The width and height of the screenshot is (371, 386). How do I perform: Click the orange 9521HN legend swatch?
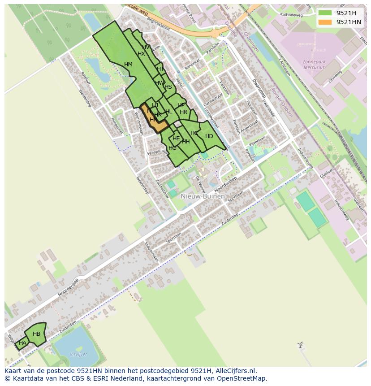coord(325,22)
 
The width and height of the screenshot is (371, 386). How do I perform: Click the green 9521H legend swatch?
coord(325,13)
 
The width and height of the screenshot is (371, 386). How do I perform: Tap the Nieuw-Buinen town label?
coord(203,196)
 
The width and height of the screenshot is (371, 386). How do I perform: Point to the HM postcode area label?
coord(128,65)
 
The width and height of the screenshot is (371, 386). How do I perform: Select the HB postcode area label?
coord(36,334)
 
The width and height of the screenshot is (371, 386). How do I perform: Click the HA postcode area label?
coord(22,343)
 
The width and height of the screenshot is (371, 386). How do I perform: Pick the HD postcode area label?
coord(209,136)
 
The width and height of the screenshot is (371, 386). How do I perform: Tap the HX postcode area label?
coord(141,54)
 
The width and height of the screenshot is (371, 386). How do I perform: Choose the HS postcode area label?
coord(168,87)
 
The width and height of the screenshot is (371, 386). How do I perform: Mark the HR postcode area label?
coord(183,112)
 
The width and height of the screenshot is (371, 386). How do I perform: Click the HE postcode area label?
coord(176,139)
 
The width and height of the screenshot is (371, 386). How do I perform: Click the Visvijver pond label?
coord(78,354)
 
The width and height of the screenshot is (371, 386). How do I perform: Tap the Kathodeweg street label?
coord(292,15)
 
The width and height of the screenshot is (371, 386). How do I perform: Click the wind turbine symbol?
coord(300,345)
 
